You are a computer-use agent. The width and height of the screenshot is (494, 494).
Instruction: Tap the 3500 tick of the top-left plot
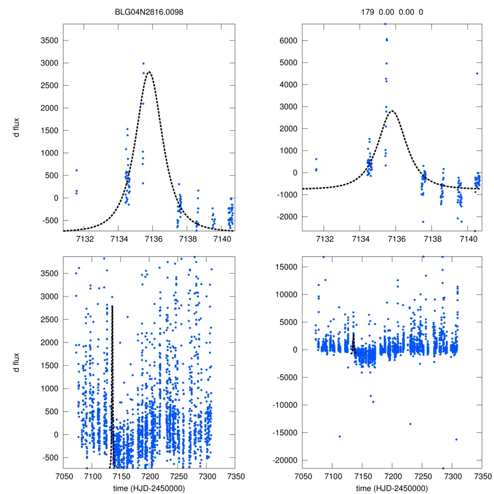coord(49,41)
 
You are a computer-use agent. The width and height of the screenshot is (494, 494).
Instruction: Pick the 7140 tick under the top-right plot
coord(468,239)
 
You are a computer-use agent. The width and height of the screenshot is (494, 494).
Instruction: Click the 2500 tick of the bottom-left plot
coord(49,319)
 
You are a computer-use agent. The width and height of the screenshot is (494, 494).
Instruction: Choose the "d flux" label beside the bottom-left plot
coord(17,362)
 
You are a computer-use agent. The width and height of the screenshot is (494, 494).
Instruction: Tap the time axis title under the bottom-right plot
coord(392,488)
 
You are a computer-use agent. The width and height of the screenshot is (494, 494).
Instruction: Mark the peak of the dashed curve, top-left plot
coord(149,71)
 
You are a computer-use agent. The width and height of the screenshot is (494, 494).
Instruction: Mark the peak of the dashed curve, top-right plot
coord(392,110)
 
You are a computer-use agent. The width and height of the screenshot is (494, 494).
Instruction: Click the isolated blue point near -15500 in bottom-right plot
coord(340,436)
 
